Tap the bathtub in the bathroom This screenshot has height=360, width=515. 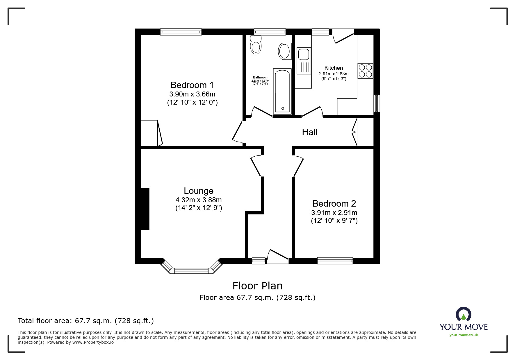coord(282,91)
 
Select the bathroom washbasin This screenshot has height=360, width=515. coord(284,51)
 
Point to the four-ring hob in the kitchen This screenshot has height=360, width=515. coord(365,71)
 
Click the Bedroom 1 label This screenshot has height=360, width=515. coord(192,85)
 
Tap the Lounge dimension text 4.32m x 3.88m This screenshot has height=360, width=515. coord(198,200)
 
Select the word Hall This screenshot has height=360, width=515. coord(309,132)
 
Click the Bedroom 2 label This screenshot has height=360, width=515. coord(334,203)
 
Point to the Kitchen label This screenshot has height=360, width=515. coord(334,68)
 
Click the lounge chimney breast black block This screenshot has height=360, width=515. coord(145,209)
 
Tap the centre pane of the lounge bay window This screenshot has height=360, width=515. coord(192,271)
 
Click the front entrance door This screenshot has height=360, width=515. coord(278,257)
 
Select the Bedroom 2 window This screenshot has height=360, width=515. coord(335,261)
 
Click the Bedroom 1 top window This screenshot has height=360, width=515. coord(181,32)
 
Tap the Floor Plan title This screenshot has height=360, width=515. coord(257,286)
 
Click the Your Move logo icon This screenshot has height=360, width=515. coord(463,314)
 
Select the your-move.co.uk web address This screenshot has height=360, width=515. coord(464,335)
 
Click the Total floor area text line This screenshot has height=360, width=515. coord(86,321)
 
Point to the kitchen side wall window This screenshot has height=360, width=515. coord(377,103)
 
